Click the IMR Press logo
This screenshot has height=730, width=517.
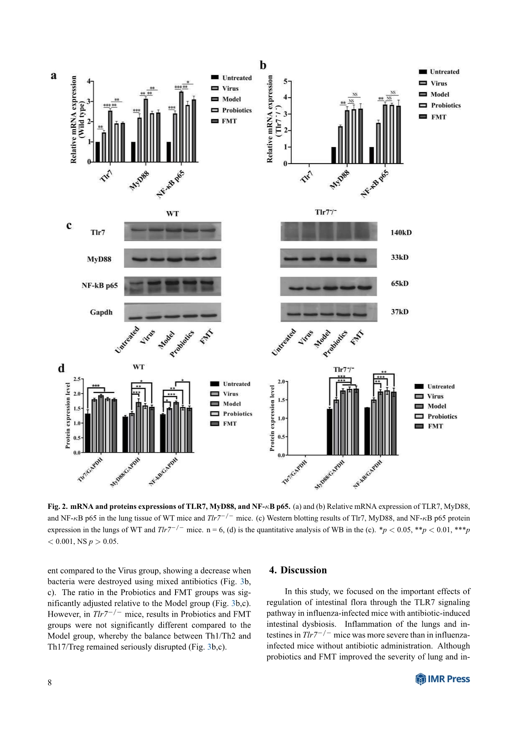(442, 679)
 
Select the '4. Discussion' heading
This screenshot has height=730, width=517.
(298, 570)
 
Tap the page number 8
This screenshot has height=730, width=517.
(50, 682)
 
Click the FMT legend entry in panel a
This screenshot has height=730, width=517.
(229, 121)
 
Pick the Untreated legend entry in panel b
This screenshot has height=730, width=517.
(444, 72)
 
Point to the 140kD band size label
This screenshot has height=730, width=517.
(401, 232)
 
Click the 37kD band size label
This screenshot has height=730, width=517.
(399, 312)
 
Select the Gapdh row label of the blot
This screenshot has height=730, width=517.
(101, 312)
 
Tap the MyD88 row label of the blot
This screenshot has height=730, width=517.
(99, 259)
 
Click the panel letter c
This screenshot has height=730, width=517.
(69, 225)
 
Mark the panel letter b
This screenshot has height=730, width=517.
(263, 65)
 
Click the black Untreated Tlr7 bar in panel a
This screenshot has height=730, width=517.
(98, 152)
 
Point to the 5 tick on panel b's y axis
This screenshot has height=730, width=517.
(285, 81)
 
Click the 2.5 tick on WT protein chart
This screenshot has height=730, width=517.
(77, 379)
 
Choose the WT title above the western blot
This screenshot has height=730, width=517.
(172, 214)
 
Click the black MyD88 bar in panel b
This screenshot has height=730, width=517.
(334, 155)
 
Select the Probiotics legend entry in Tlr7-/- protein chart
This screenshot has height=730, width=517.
(442, 416)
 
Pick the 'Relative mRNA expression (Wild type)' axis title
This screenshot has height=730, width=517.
(77, 120)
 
